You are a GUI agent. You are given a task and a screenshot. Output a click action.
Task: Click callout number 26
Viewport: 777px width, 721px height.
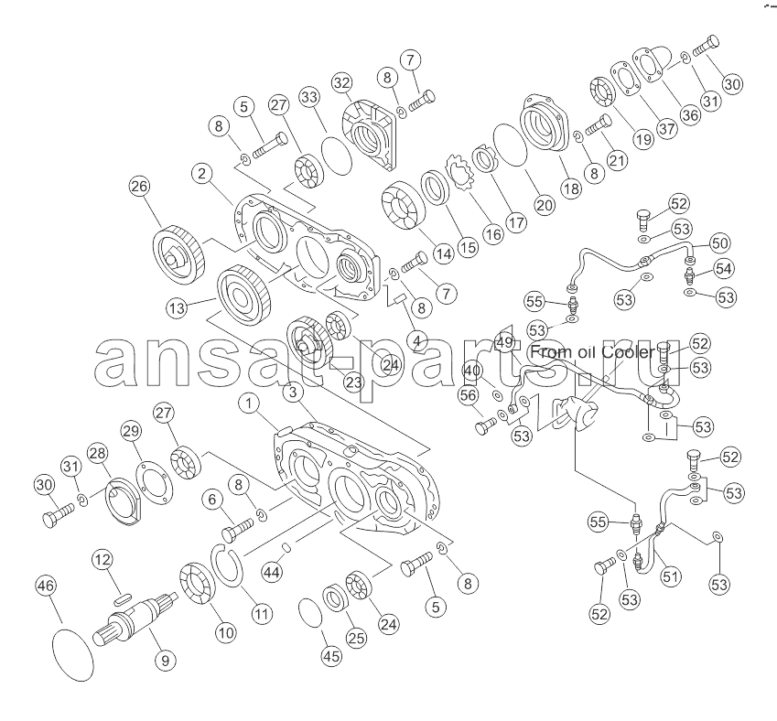click(139, 187)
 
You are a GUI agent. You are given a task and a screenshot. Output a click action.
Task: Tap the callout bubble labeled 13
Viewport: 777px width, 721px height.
click(177, 308)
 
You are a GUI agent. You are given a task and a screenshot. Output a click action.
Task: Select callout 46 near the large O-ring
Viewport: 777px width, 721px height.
click(46, 586)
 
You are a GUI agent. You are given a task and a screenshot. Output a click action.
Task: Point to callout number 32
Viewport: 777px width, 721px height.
click(342, 82)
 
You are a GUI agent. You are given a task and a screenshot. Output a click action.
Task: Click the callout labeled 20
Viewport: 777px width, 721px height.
click(545, 205)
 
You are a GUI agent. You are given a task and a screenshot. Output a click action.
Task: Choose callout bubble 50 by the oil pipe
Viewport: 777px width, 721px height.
click(719, 242)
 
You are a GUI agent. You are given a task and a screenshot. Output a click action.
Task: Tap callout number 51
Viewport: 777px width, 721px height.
click(670, 576)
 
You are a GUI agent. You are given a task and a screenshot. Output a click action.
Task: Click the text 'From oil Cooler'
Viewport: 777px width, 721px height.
click(593, 352)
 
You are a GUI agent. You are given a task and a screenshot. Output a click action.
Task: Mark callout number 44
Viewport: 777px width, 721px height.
click(272, 573)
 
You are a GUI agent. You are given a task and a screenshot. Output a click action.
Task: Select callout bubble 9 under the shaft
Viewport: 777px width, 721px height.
click(165, 660)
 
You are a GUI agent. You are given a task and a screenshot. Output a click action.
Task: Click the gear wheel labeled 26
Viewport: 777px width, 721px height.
click(178, 254)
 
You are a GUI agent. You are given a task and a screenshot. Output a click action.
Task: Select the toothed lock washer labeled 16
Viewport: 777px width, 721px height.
click(461, 175)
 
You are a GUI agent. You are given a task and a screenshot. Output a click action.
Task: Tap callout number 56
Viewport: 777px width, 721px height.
click(469, 395)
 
